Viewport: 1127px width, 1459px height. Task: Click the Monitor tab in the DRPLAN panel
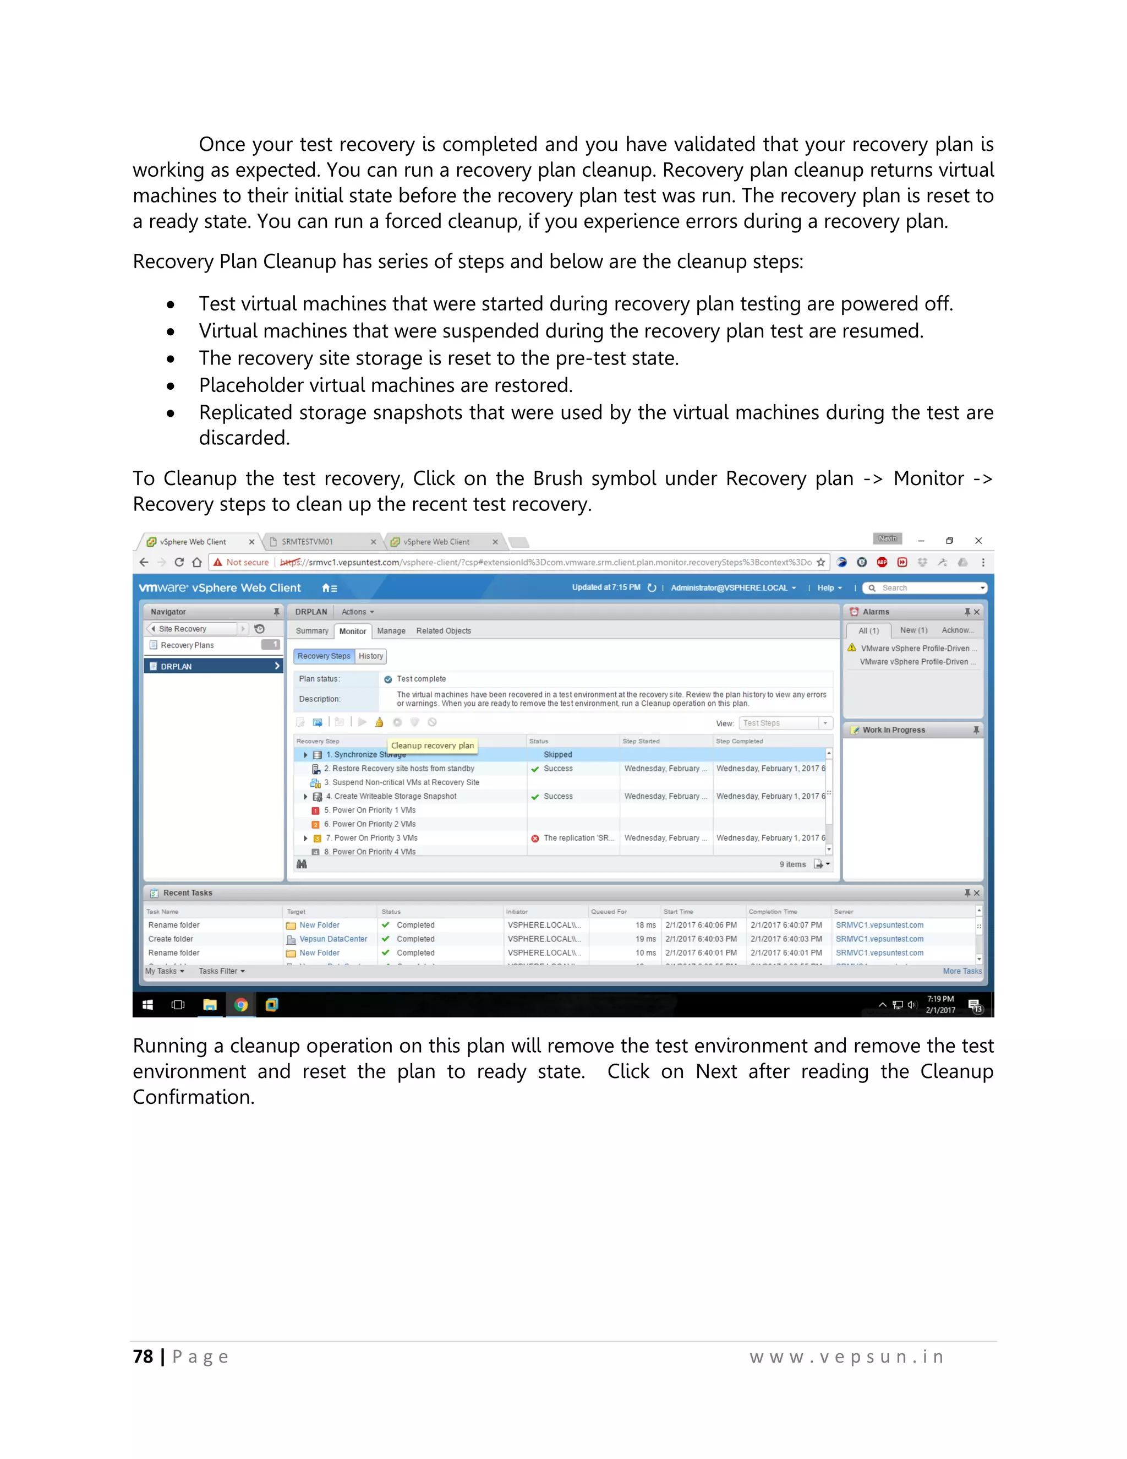point(353,631)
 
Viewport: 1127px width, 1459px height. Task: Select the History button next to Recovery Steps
point(370,656)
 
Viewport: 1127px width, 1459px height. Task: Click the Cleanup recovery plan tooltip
point(432,745)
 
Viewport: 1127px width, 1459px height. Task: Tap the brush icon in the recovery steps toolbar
point(379,722)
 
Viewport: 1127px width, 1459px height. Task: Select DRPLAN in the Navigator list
point(176,666)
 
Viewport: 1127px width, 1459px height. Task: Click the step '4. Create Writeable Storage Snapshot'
point(395,796)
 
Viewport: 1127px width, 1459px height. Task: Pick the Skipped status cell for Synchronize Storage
point(557,754)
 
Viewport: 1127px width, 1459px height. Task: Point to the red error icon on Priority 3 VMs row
point(535,839)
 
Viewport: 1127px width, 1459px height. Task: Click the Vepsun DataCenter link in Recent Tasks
point(333,939)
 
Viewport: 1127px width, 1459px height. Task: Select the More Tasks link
point(961,971)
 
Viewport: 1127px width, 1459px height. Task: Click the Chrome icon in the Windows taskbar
point(241,1004)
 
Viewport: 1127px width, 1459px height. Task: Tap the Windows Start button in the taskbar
point(147,1005)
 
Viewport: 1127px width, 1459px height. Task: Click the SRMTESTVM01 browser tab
point(307,542)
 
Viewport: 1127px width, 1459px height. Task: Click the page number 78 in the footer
point(143,1356)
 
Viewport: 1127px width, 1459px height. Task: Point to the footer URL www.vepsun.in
point(846,1356)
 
